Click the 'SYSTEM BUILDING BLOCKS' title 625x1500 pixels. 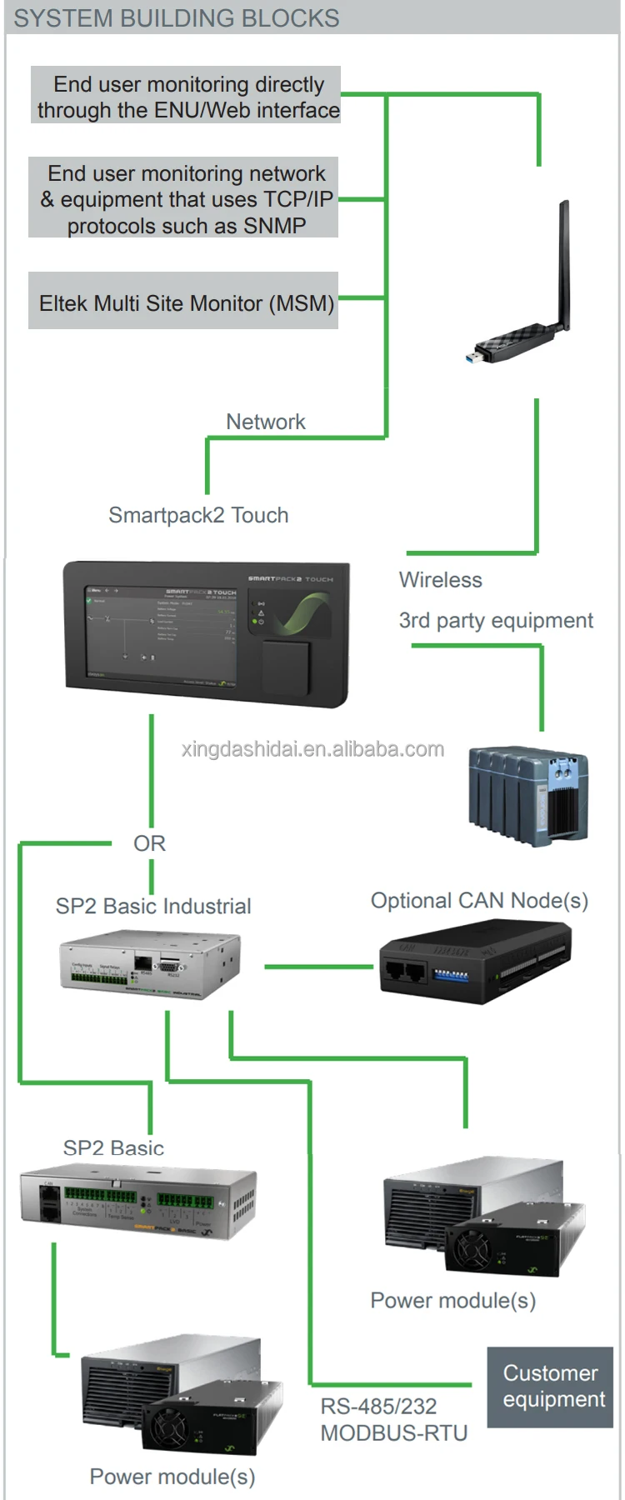pos(177,18)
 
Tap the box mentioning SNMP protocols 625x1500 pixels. pos(185,199)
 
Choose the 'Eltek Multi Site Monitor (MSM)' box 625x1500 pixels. pos(185,302)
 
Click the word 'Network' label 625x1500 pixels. pos(265,422)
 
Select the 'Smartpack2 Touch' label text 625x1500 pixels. pos(198,515)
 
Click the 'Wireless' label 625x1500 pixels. pos(440,580)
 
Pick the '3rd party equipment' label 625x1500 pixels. pos(496,621)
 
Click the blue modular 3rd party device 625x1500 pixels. pos(528,795)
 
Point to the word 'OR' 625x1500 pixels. pos(149,843)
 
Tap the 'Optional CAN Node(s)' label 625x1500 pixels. pos(479,901)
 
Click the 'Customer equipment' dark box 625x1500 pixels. pos(550,1386)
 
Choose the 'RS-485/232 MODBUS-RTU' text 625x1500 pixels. pos(393,1420)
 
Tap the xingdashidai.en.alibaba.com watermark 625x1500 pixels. pos(312,749)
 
